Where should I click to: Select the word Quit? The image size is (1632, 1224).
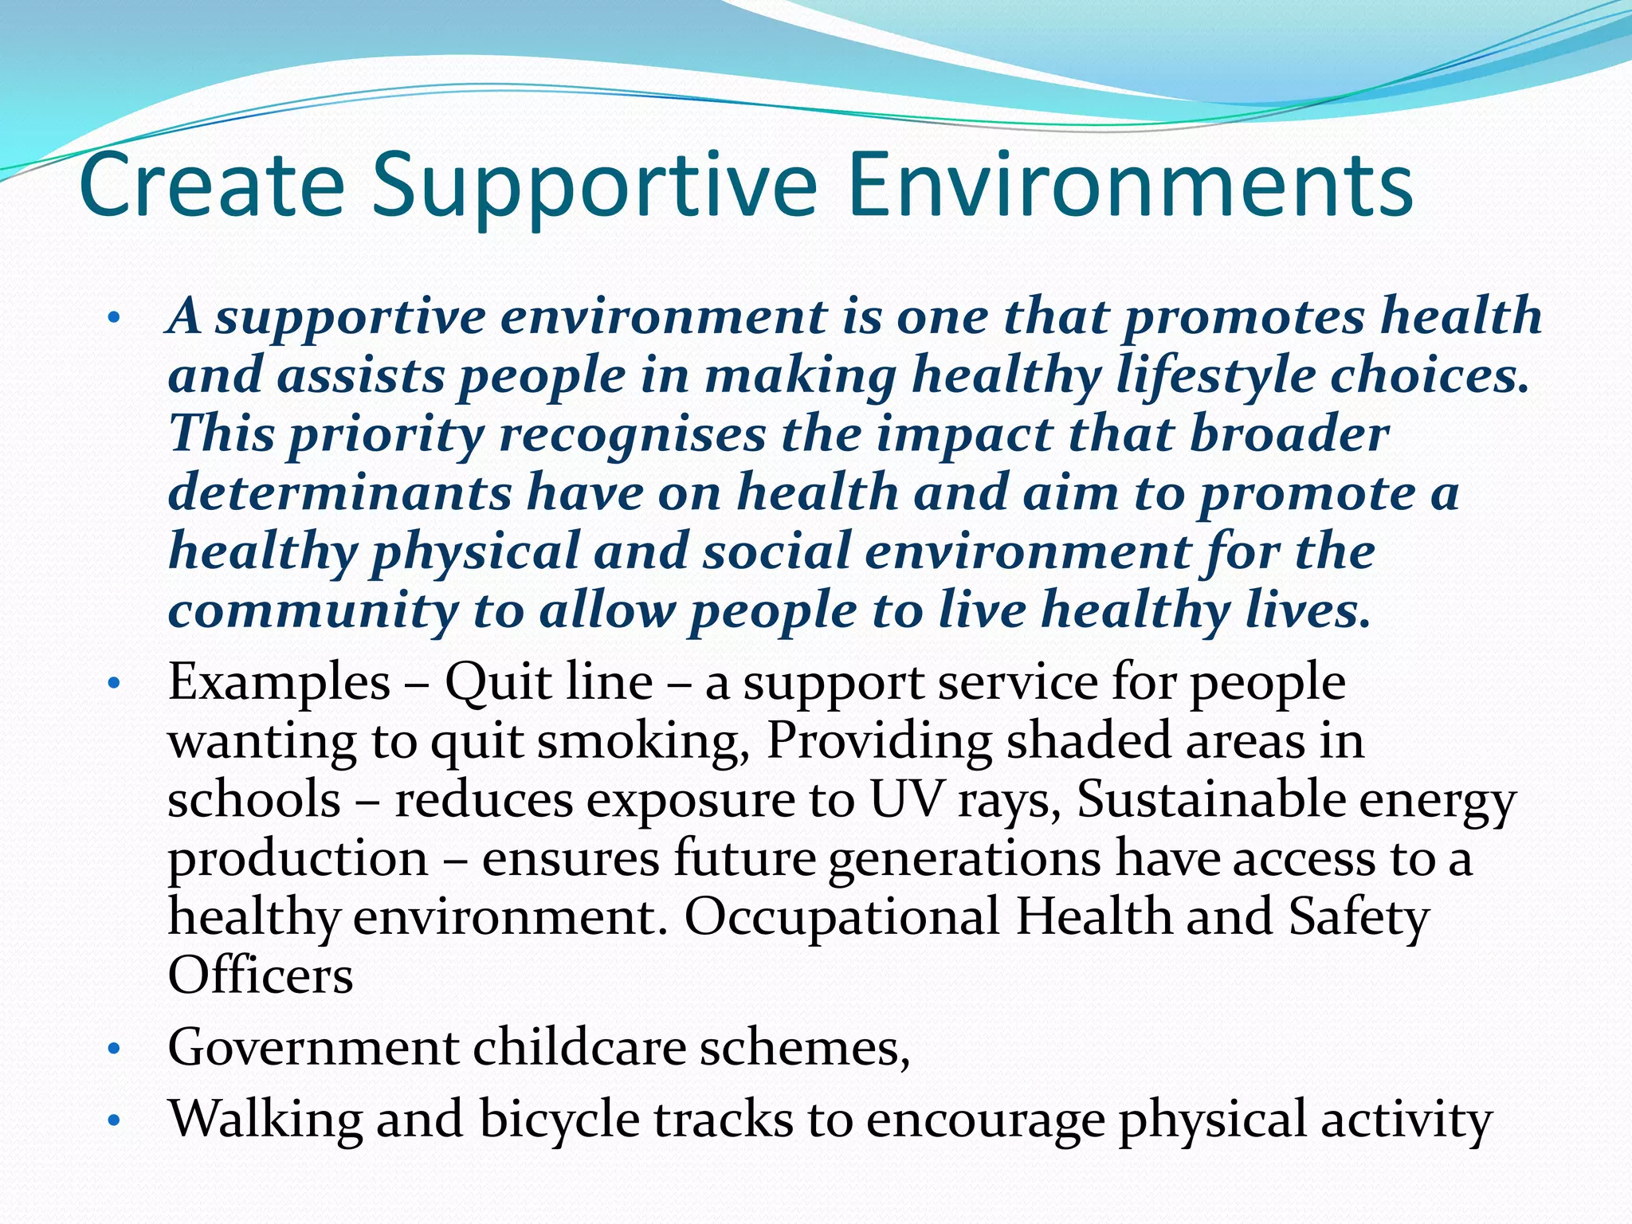(497, 684)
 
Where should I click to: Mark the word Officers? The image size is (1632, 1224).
(261, 975)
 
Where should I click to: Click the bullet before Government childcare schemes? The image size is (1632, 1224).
(114, 1049)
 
